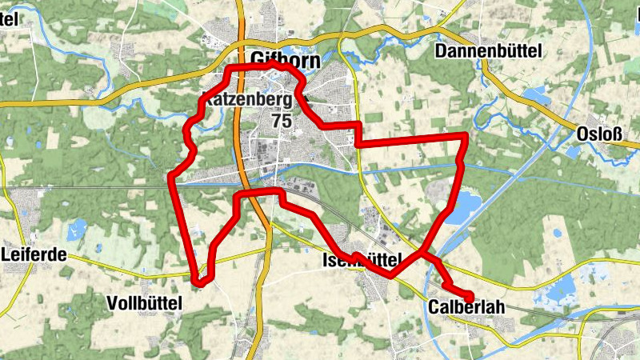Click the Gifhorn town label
285,60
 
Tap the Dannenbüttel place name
489,51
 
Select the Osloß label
598,134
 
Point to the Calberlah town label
466,307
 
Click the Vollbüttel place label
144,302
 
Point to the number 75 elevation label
282,120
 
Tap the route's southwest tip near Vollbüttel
201,281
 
